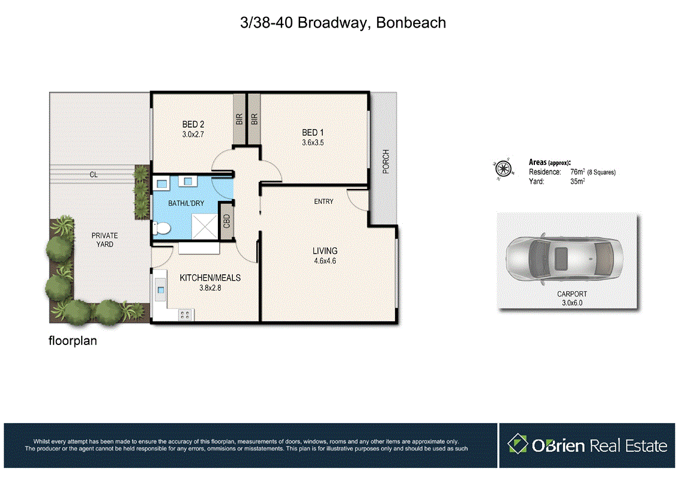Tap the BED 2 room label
pyautogui.click(x=193, y=125)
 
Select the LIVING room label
pyautogui.click(x=324, y=251)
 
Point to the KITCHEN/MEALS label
pyautogui.click(x=210, y=278)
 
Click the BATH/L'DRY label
pyautogui.click(x=186, y=203)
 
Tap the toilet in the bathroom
pyautogui.click(x=161, y=228)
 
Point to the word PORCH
pyautogui.click(x=386, y=161)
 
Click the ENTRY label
pyautogui.click(x=324, y=202)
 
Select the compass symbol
pyautogui.click(x=503, y=169)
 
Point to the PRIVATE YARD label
pyautogui.click(x=104, y=240)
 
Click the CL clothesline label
pyautogui.click(x=94, y=175)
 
